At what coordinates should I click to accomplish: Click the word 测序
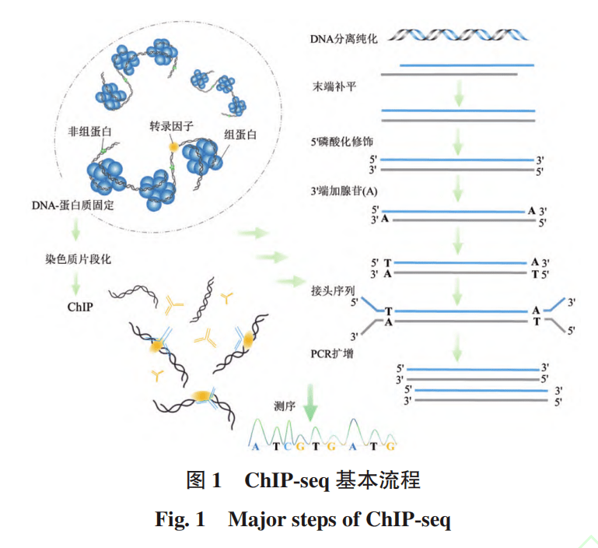coord(285,406)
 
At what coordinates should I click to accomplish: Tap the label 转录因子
coord(171,125)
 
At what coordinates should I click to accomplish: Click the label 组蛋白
coord(240,135)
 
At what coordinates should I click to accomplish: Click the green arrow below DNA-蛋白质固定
coord(77,231)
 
